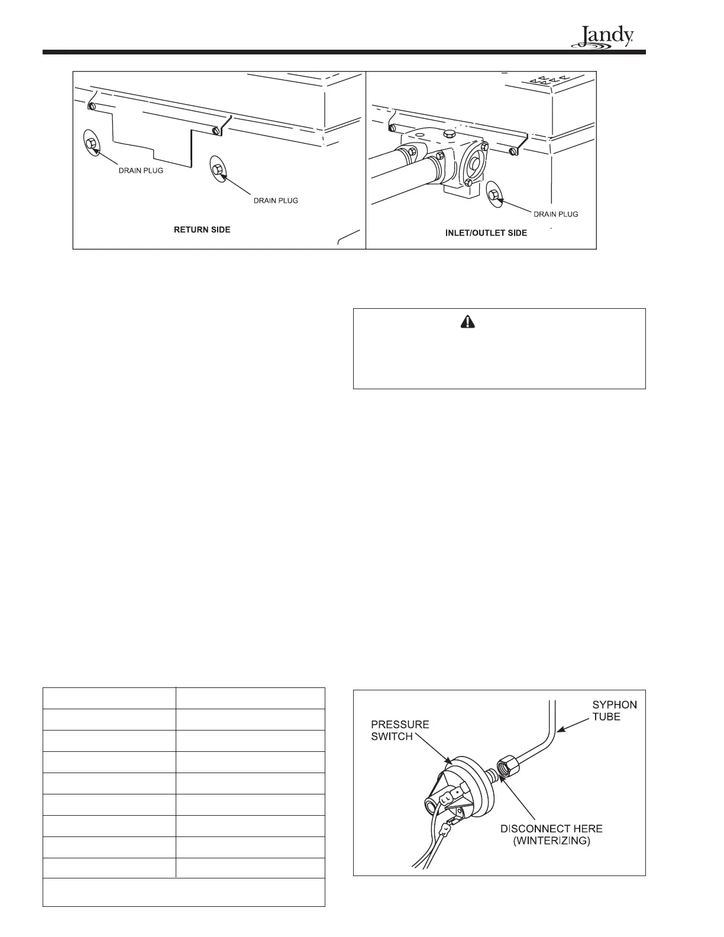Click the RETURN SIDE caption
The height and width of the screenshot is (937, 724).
202,230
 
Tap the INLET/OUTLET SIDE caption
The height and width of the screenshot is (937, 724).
486,233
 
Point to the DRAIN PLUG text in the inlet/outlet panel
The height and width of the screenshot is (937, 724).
555,214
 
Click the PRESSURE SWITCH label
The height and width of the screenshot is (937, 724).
401,731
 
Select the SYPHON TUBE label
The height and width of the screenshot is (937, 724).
615,711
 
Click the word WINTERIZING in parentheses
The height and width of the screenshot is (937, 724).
551,840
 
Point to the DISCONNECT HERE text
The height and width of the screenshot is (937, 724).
551,828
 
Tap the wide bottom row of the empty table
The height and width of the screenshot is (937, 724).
184,893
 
